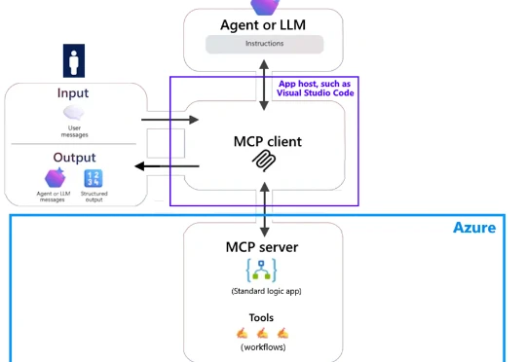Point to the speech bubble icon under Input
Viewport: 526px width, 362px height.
[74, 114]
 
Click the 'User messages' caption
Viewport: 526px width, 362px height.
[75, 132]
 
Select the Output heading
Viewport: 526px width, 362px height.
[75, 158]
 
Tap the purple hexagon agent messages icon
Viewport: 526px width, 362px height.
[55, 177]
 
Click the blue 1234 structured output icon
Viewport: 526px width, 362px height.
[94, 177]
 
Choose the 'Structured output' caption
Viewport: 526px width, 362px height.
[94, 198]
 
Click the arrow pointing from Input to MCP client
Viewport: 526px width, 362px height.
[169, 120]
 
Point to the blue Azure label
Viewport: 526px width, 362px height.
[474, 228]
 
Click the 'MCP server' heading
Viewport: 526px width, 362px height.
[262, 246]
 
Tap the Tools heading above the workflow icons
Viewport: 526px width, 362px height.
[261, 317]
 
